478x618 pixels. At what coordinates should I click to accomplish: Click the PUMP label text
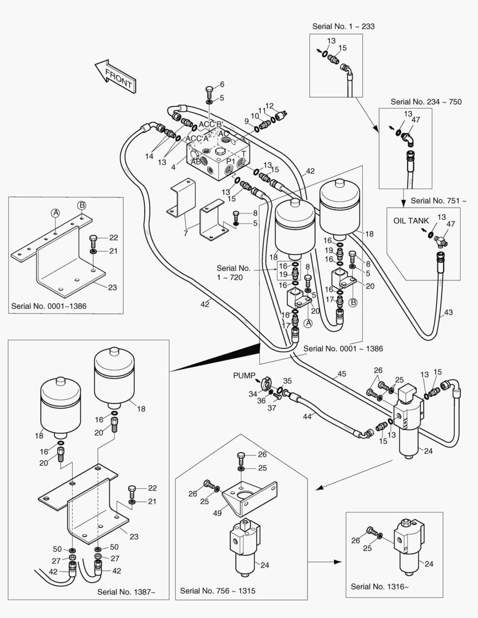pos(244,375)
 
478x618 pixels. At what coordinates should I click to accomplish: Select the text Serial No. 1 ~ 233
pos(343,26)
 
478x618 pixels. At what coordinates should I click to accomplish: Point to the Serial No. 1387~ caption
pos(126,591)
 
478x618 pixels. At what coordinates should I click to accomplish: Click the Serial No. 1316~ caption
pos(380,586)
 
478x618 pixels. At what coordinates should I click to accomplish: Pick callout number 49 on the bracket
pos(218,513)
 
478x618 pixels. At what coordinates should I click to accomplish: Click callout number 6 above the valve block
pos(222,85)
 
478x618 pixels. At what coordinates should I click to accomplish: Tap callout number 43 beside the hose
pos(448,312)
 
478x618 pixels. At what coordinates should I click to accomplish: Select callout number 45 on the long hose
pos(342,374)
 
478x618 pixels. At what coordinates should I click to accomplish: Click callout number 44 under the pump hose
pos(307,417)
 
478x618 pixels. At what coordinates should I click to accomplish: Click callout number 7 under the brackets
pos(185,233)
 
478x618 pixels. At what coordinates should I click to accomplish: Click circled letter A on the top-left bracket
pos(56,213)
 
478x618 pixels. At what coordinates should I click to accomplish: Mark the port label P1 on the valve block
pos(232,163)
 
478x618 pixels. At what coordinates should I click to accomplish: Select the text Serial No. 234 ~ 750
pos(426,101)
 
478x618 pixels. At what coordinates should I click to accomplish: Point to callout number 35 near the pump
pos(287,381)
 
